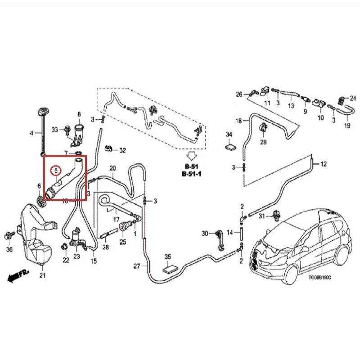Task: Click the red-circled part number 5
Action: click(56, 171)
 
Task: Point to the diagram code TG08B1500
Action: click(319, 278)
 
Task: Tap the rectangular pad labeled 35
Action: click(168, 269)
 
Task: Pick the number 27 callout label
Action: click(137, 266)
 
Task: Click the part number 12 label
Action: click(323, 164)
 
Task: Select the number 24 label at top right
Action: click(353, 98)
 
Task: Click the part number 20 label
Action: click(112, 168)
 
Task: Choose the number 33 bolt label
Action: click(55, 130)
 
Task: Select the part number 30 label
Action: click(205, 234)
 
